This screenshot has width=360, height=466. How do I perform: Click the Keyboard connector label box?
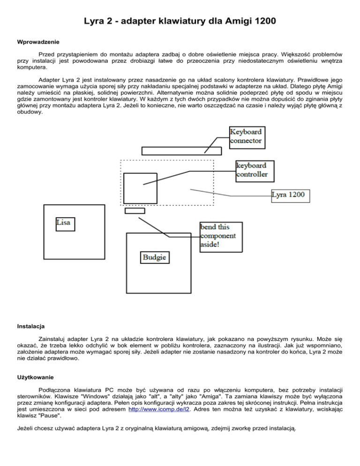(x=246, y=136)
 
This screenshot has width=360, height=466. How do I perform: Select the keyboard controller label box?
(x=252, y=170)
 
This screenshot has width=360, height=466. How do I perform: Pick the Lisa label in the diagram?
(x=63, y=223)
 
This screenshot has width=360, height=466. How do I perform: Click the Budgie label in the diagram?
(x=155, y=257)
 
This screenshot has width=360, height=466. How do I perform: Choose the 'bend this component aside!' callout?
(x=221, y=236)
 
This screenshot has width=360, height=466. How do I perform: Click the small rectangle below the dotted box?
(x=135, y=210)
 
